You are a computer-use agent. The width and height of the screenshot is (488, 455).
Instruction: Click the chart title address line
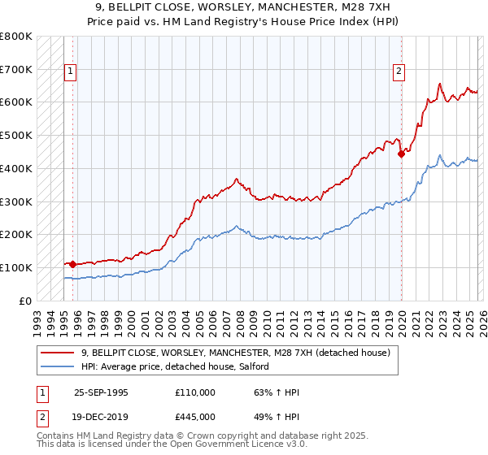click(243, 7)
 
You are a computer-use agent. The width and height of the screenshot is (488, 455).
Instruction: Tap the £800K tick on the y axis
click(16, 37)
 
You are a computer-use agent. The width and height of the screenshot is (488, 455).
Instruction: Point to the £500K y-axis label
click(16, 136)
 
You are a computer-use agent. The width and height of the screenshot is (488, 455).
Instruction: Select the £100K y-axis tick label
click(16, 267)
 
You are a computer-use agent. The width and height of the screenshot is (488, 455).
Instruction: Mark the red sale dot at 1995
click(73, 264)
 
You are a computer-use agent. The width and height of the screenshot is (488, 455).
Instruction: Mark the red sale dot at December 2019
click(400, 154)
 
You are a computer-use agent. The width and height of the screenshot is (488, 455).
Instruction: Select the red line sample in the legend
click(58, 353)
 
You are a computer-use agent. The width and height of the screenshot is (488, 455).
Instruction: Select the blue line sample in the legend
click(58, 366)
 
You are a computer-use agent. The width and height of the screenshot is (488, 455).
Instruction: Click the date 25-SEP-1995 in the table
click(101, 392)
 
